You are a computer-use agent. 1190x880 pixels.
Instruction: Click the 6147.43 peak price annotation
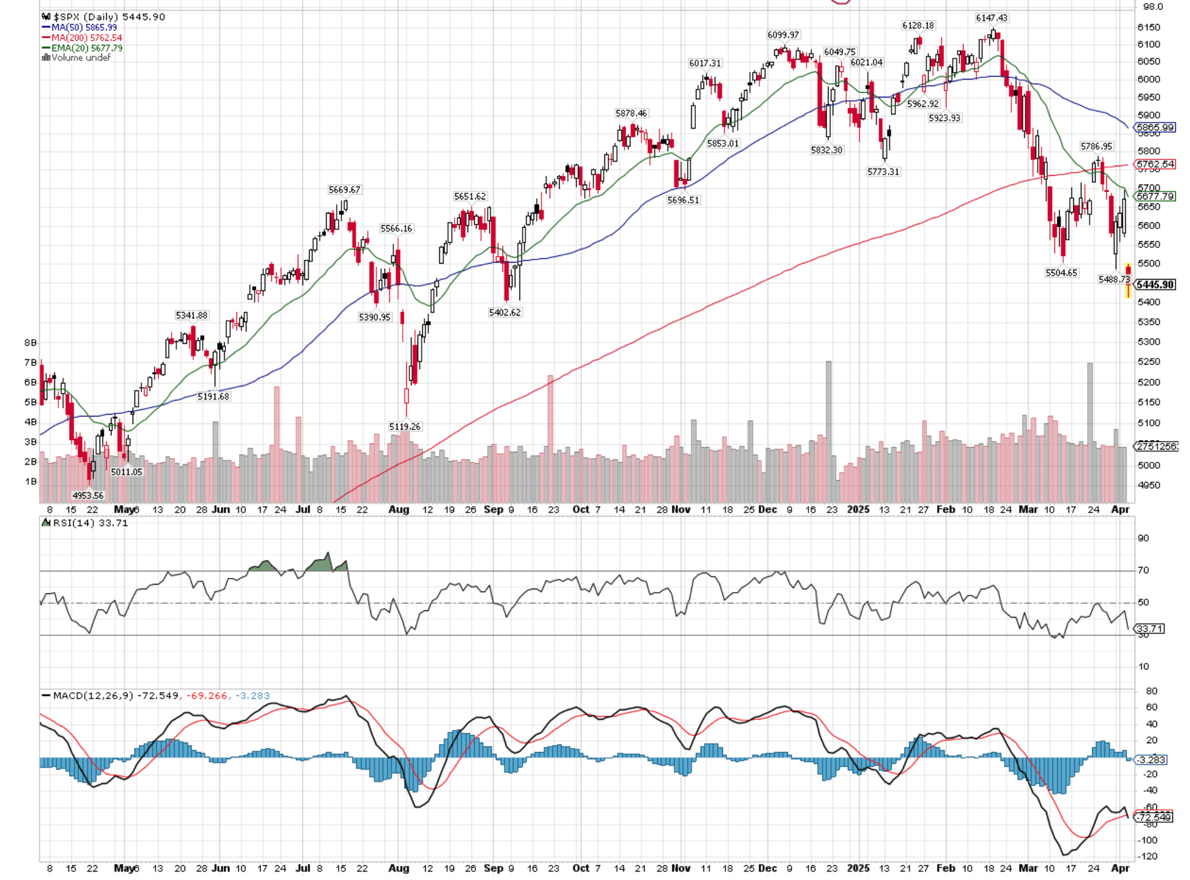click(x=991, y=18)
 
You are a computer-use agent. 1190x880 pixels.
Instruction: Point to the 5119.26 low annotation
click(x=405, y=426)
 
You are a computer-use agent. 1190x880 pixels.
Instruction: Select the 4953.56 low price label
click(x=88, y=495)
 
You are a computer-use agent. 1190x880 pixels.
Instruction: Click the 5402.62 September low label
click(x=505, y=312)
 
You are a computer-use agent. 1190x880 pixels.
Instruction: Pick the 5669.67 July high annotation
click(x=344, y=189)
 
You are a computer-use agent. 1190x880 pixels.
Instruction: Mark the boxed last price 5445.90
click(x=1155, y=285)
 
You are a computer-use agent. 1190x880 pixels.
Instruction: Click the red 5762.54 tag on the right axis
click(x=1155, y=164)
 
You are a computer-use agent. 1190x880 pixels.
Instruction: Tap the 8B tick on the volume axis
click(x=30, y=342)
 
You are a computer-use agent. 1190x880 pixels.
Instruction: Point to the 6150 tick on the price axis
click(x=1148, y=27)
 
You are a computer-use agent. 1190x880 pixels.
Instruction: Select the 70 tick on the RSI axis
click(x=1143, y=570)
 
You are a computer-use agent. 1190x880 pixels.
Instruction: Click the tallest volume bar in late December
click(x=829, y=431)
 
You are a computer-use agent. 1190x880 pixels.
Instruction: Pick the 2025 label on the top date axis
click(x=858, y=509)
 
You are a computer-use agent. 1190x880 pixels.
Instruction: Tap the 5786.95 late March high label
click(x=1096, y=146)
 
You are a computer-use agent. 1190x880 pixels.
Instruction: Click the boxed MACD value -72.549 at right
click(x=1155, y=817)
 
